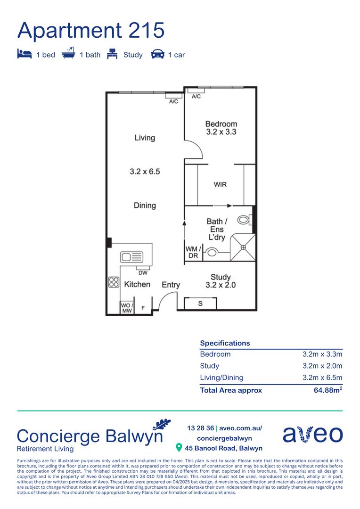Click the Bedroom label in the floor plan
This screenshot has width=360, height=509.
coord(221,124)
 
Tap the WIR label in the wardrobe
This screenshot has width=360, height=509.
coord(220,184)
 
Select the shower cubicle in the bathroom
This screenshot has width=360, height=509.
coord(243,247)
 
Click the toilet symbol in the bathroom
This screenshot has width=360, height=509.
coord(245,219)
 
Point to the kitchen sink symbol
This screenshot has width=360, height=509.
coord(132,257)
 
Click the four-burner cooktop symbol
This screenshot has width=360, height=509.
coord(114,282)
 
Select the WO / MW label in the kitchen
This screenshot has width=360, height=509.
coord(127,307)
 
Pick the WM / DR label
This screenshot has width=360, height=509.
coord(193,252)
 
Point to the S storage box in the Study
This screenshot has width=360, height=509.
coord(200,304)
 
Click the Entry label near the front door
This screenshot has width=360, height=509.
coord(171,285)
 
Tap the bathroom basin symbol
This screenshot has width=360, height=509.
coord(212,253)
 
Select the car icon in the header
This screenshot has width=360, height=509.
coord(157,55)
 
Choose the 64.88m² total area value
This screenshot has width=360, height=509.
coord(328,390)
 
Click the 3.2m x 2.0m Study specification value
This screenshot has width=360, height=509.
coord(322,366)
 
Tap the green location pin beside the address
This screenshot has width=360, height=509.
coord(179,447)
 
